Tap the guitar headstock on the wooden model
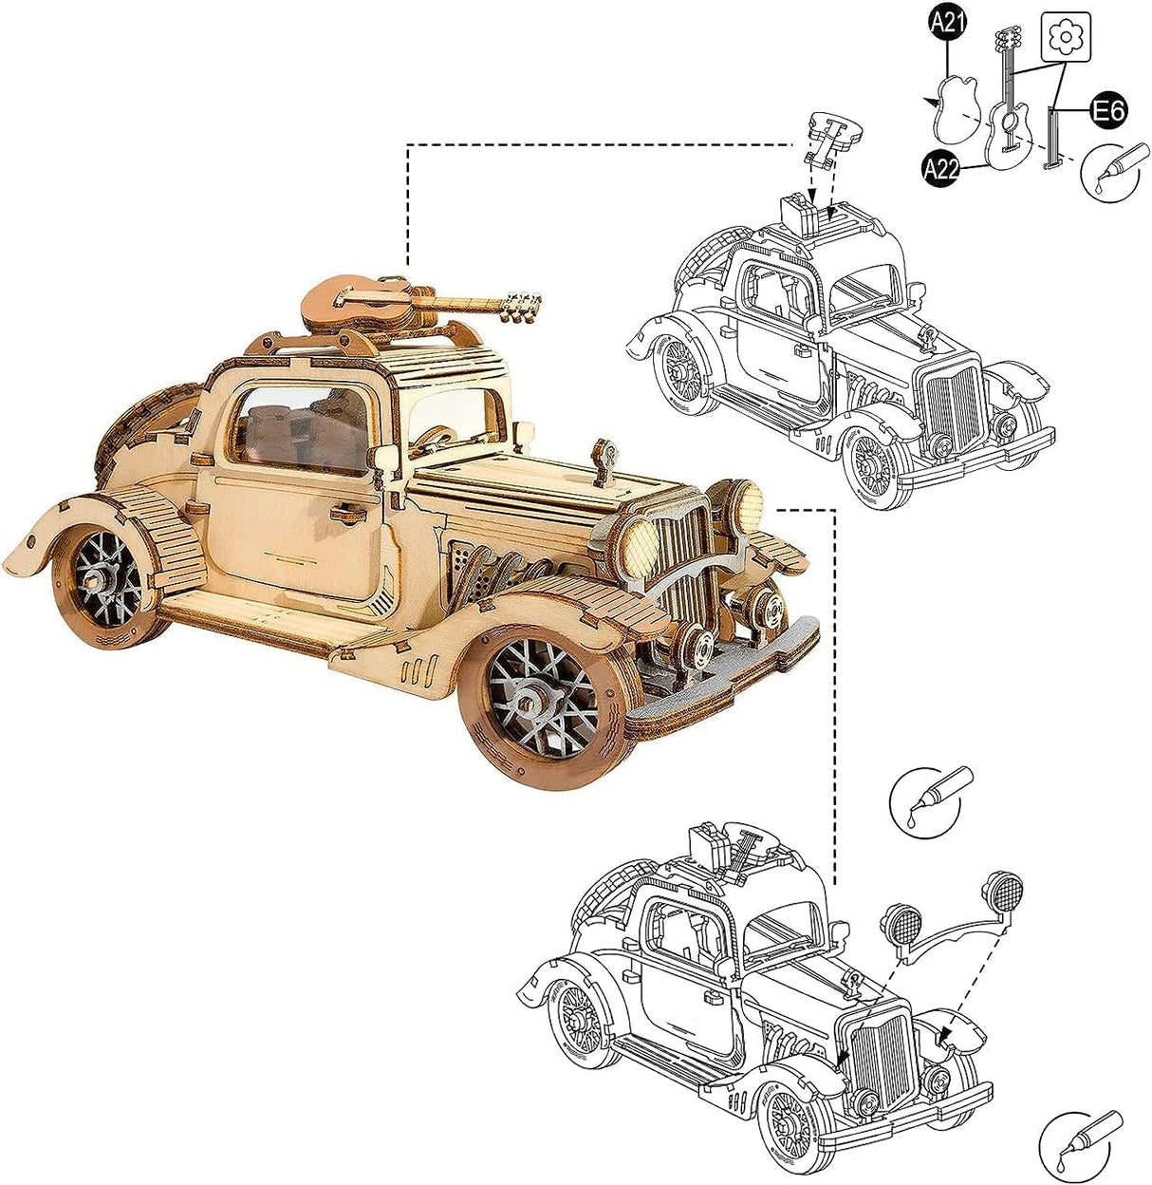(521, 305)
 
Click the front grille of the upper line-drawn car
(953, 405)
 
